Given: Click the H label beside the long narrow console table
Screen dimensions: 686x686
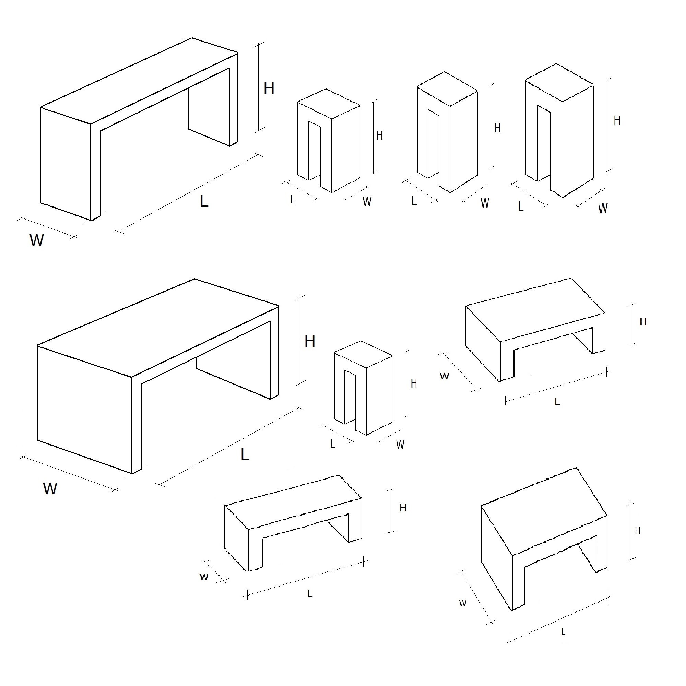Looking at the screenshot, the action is click(269, 88).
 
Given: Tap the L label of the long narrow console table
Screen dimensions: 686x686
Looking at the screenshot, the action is click(204, 202).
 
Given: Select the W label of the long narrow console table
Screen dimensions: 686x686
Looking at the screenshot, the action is click(37, 240).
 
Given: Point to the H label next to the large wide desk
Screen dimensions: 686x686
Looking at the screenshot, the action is click(310, 342).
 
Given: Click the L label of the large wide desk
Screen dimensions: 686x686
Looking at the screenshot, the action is click(245, 454).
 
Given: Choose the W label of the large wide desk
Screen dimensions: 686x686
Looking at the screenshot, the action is click(50, 489).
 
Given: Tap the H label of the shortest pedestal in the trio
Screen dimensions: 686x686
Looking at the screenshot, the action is click(379, 135).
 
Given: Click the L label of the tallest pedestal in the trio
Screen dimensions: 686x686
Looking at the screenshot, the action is click(521, 206).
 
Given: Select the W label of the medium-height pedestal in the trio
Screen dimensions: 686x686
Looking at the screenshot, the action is click(485, 203).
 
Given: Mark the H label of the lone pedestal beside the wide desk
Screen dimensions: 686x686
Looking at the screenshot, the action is click(414, 383).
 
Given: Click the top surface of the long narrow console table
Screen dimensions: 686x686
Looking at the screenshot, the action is click(139, 81).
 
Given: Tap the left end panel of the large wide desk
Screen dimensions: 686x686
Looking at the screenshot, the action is click(84, 410).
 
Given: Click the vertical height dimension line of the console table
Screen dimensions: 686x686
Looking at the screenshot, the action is click(259, 87).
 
